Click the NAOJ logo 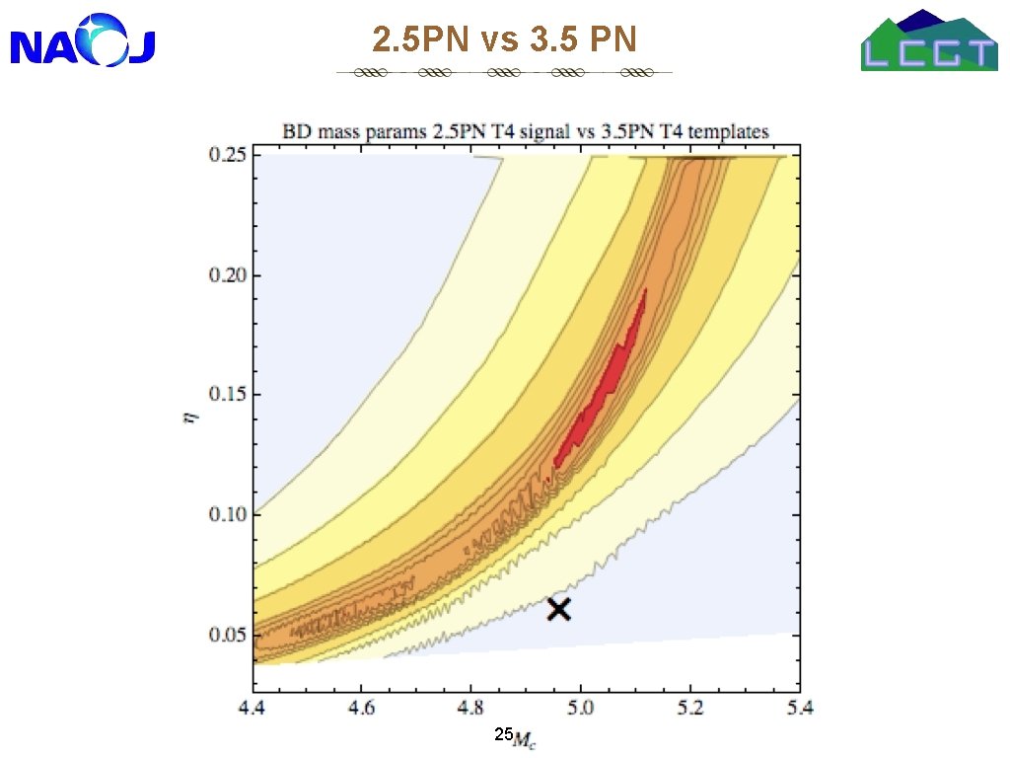pyautogui.click(x=83, y=40)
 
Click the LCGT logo pyautogui.click(x=929, y=39)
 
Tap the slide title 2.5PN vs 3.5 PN pyautogui.click(x=504, y=38)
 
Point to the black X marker pyautogui.click(x=558, y=609)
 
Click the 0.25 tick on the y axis pyautogui.click(x=228, y=155)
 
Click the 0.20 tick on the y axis pyautogui.click(x=228, y=275)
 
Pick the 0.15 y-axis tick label pyautogui.click(x=228, y=394)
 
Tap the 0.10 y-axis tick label pyautogui.click(x=228, y=514)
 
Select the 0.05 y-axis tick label pyautogui.click(x=228, y=635)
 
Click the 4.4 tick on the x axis pyautogui.click(x=252, y=709)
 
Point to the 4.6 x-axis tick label pyautogui.click(x=361, y=709)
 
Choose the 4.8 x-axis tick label pyautogui.click(x=470, y=709)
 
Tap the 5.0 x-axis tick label pyautogui.click(x=580, y=709)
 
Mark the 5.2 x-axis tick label pyautogui.click(x=689, y=709)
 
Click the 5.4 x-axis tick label pyautogui.click(x=799, y=709)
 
